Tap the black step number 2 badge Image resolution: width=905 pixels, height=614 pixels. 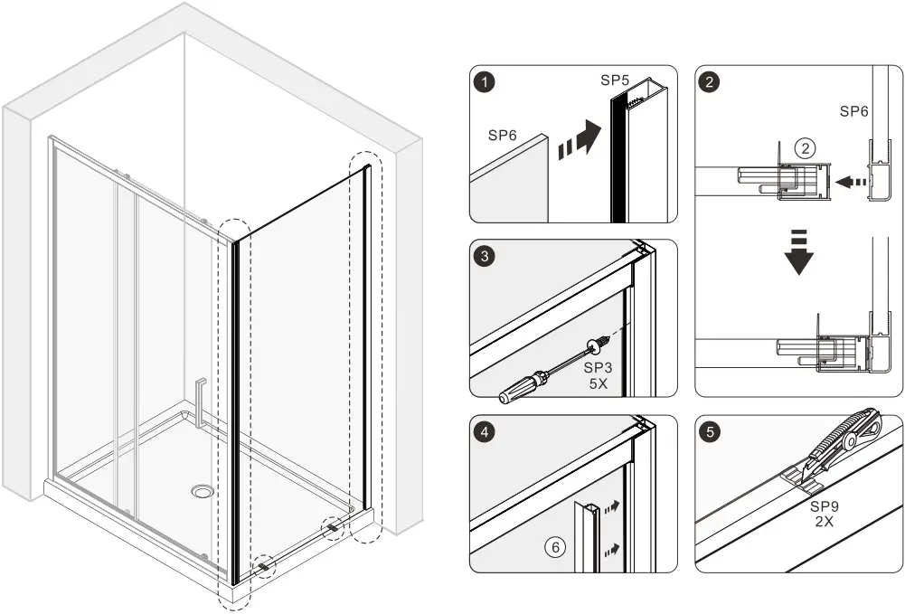712,82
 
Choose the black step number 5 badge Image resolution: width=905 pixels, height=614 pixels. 712,432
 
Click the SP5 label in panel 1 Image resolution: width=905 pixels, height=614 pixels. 615,80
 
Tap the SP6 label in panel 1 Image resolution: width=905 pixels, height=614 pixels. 504,135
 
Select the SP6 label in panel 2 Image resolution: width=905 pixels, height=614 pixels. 854,111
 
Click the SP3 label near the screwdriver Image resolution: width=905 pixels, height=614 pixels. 598,367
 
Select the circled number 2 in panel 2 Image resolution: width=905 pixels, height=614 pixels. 805,147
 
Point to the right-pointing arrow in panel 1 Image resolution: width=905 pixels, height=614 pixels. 579,141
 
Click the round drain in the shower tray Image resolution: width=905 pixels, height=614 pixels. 203,491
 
